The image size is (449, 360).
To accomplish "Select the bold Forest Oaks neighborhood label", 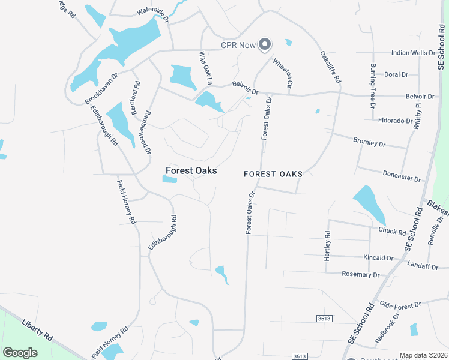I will [191, 171].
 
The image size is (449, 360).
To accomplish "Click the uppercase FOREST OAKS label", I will [273, 174].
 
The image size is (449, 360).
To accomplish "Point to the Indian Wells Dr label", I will [413, 53].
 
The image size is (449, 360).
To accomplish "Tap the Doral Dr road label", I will [396, 75].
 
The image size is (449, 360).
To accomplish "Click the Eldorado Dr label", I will [396, 121].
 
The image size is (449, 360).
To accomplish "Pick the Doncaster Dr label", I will [401, 178].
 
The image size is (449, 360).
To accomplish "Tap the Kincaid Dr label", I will [378, 258].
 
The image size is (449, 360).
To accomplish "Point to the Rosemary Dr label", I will [360, 275].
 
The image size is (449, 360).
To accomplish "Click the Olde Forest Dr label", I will [400, 306].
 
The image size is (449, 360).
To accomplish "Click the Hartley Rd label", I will [328, 246].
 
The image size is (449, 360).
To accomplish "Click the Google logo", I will [20, 353].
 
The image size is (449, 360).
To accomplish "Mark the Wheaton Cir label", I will [282, 74].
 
